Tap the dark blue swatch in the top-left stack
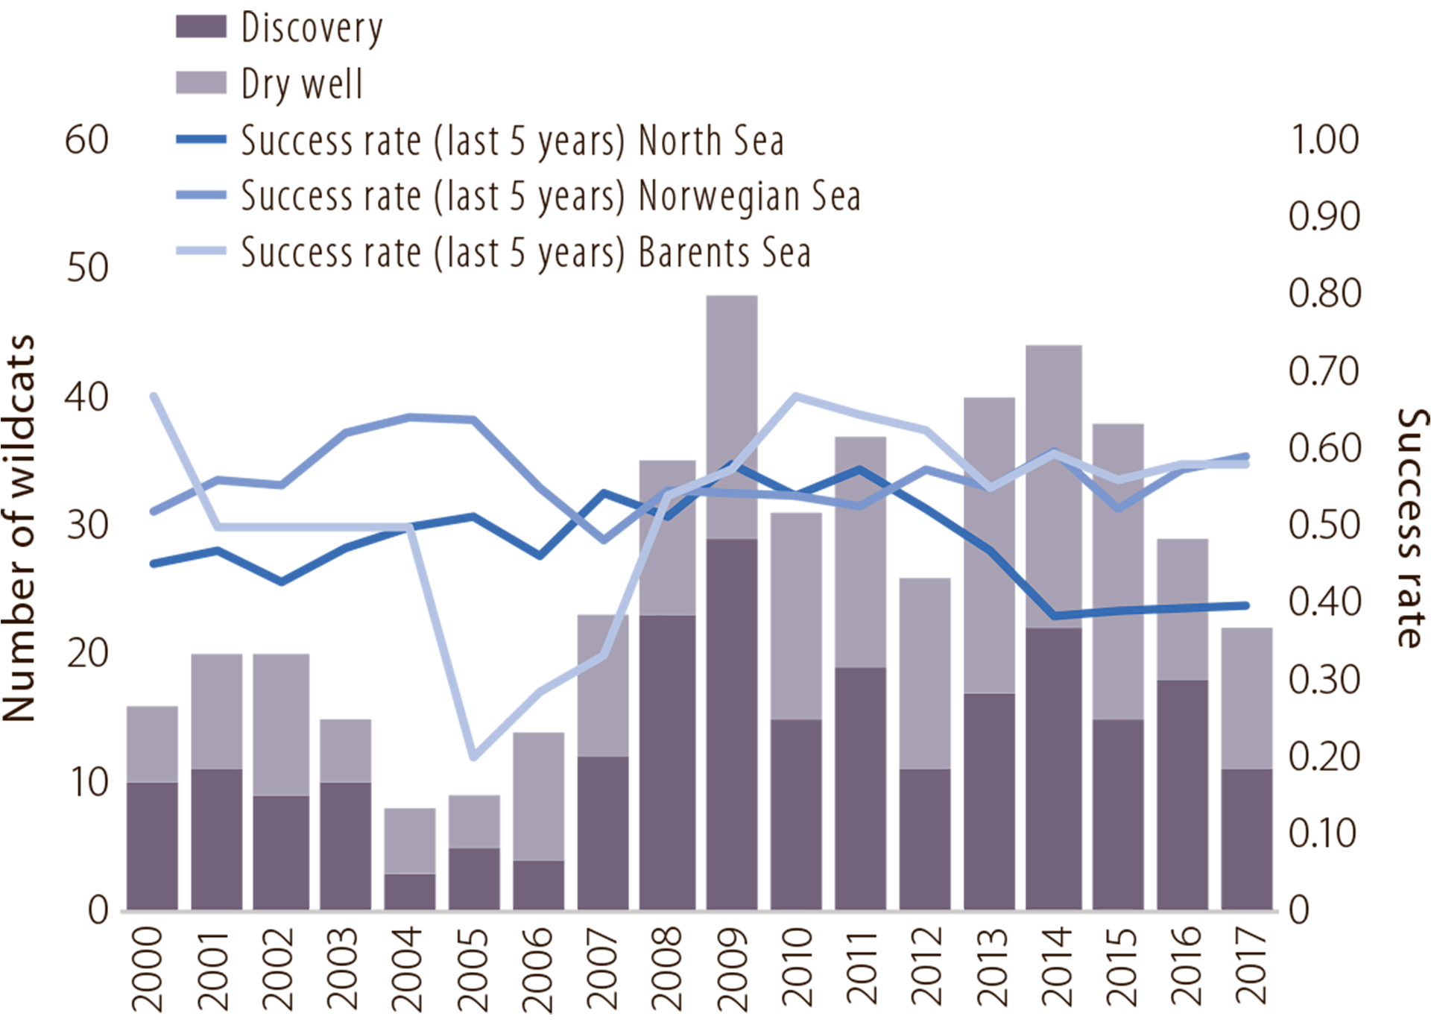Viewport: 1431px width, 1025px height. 186,139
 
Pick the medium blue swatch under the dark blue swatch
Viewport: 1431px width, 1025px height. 179,193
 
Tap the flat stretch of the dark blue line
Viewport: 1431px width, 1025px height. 1133,611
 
